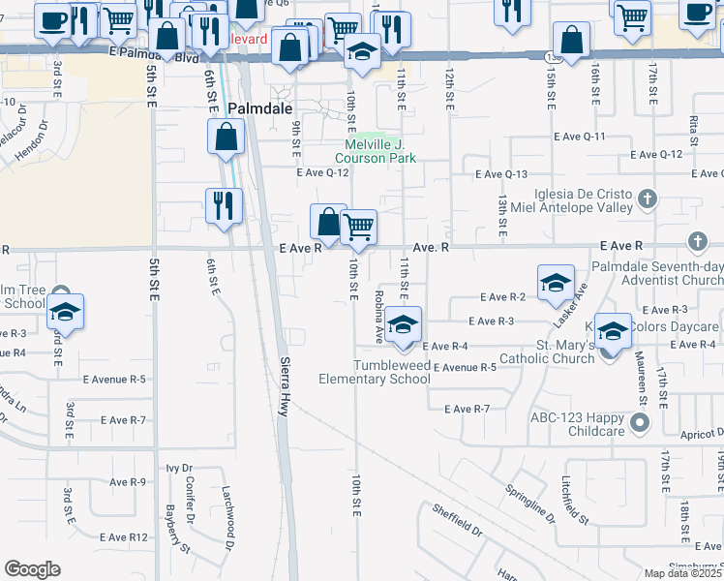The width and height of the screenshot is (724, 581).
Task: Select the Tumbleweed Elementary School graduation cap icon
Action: click(403, 325)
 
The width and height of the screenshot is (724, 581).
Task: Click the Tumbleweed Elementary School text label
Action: click(375, 372)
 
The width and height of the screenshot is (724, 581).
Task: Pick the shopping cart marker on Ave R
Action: click(358, 228)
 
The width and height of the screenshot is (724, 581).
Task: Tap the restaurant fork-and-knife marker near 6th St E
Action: click(223, 205)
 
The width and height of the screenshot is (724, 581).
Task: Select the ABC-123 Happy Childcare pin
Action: click(639, 423)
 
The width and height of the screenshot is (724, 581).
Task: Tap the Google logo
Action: click(32, 569)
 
